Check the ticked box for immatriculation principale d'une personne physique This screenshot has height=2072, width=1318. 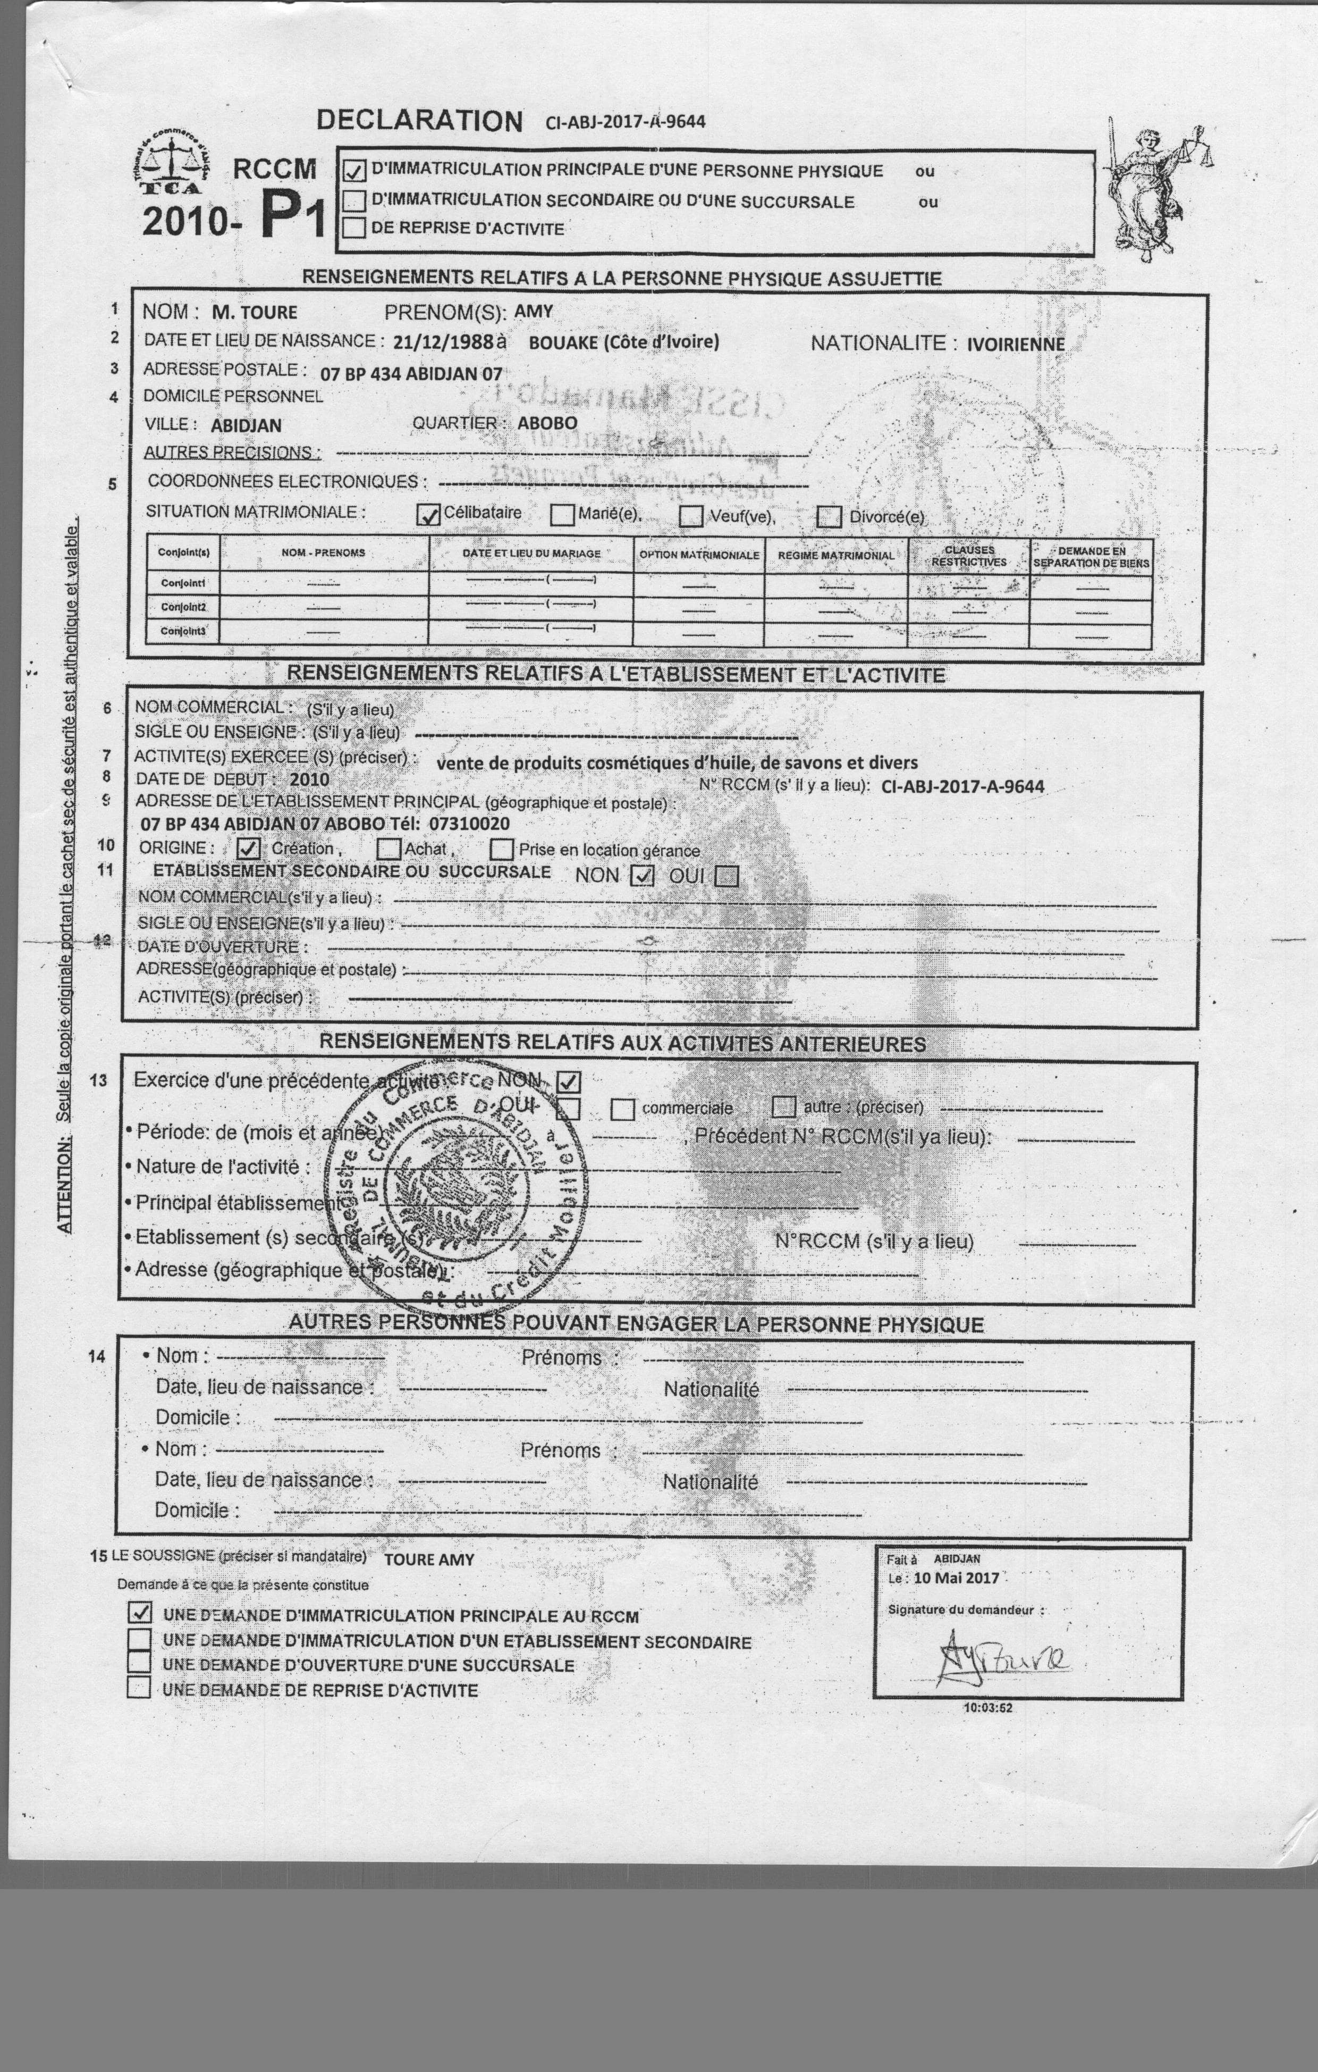click(354, 170)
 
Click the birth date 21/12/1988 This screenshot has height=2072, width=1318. click(443, 341)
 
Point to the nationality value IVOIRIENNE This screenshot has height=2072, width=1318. click(1015, 345)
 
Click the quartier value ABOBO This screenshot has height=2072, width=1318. click(547, 423)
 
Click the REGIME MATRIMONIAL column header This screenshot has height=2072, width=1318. click(835, 556)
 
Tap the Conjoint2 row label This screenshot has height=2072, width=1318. click(183, 607)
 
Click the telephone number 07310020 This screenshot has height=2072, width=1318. click(469, 824)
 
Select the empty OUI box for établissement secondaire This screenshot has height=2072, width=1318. click(727, 876)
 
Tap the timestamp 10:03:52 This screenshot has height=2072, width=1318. click(987, 1707)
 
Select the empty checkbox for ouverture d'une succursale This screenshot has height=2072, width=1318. click(139, 1663)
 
